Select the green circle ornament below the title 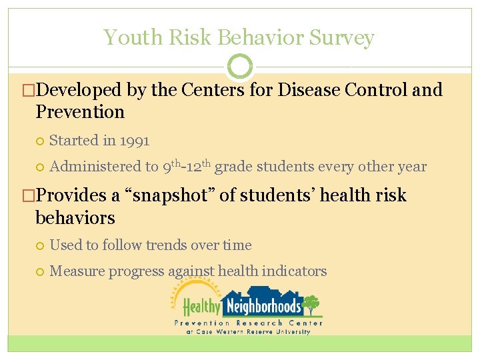click(240, 67)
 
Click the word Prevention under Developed click(80, 111)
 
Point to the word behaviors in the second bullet click(75, 217)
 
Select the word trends click(163, 245)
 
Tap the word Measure click(77, 271)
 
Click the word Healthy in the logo click(201, 307)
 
